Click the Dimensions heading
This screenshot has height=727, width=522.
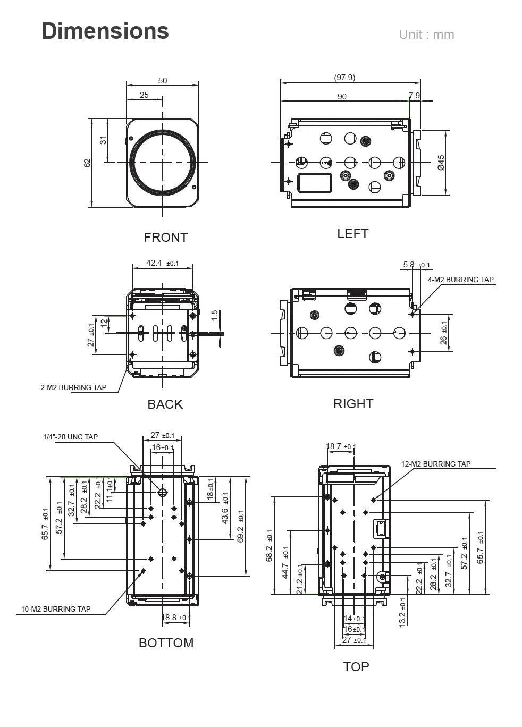click(105, 31)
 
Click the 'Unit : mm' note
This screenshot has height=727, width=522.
click(426, 35)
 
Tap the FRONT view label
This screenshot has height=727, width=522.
click(165, 238)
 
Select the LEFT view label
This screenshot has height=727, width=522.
click(352, 234)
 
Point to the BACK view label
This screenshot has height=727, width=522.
click(165, 404)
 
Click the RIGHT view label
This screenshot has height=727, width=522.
click(353, 404)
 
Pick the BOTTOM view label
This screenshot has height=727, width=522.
click(166, 643)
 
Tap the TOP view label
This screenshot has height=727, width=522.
click(356, 667)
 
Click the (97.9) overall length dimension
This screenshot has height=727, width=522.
click(344, 78)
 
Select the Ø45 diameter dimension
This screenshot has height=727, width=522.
click(441, 163)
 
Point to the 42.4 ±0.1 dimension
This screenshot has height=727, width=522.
click(162, 263)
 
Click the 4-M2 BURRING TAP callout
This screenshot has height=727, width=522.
click(460, 280)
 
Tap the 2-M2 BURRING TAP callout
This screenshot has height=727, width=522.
click(73, 387)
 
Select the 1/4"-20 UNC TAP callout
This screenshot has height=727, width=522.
click(70, 437)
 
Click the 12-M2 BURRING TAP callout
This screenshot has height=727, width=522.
click(435, 464)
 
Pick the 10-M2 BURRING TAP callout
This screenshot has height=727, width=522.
click(56, 609)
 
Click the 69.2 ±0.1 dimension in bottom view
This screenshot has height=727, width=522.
click(241, 527)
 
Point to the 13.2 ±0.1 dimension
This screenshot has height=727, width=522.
click(402, 612)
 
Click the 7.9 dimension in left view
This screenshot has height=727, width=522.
click(414, 96)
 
